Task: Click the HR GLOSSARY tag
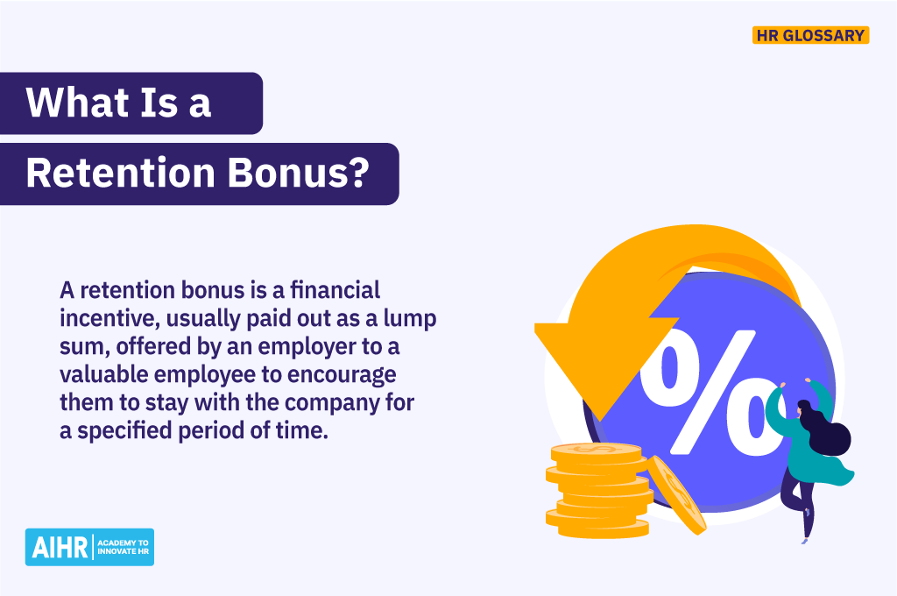pos(810,36)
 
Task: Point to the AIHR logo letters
pos(54,547)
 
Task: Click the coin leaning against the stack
pos(675,494)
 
